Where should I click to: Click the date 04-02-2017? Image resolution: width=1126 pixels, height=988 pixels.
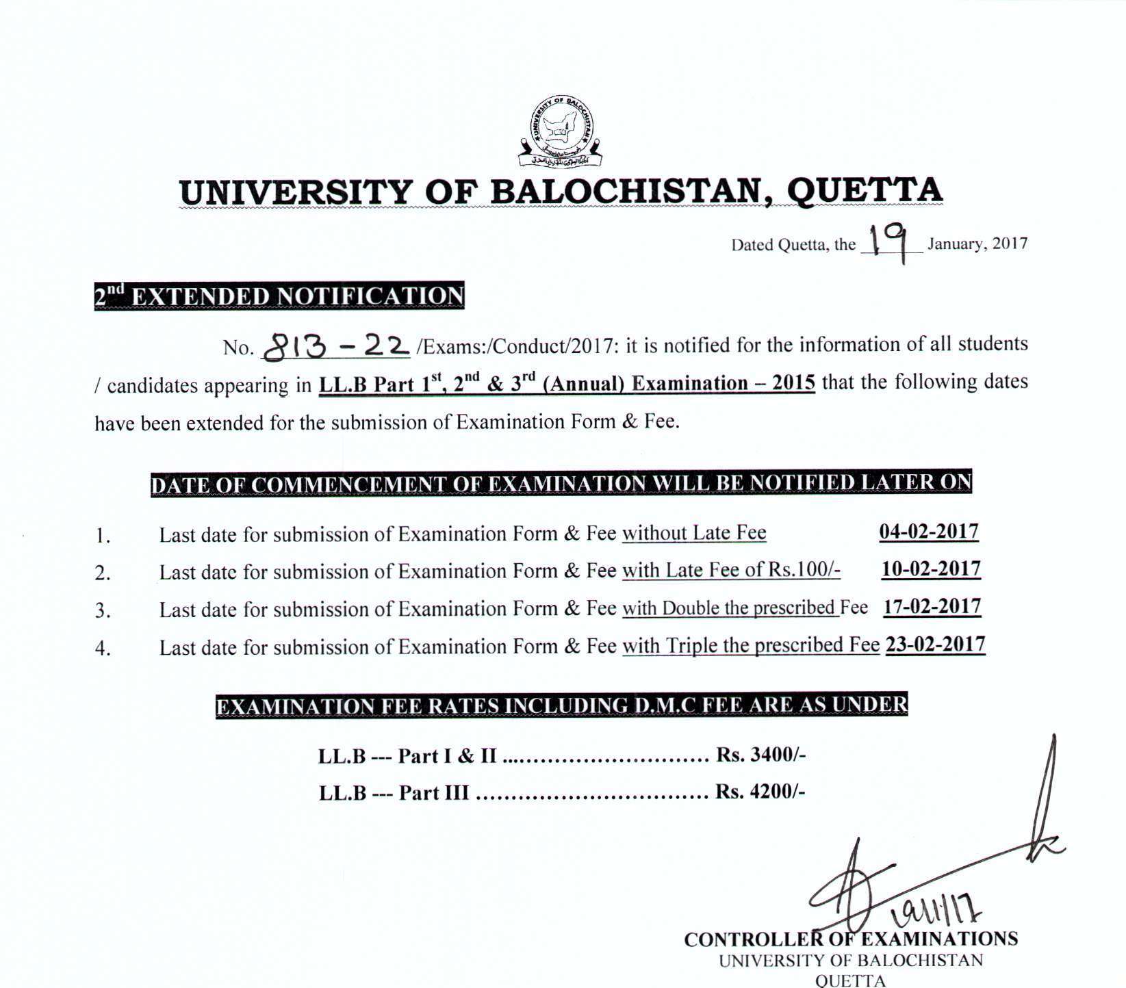pyautogui.click(x=929, y=532)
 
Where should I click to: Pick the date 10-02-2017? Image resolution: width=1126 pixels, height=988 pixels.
pyautogui.click(x=931, y=569)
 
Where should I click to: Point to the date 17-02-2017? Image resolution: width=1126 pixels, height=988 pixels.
pyautogui.click(x=932, y=607)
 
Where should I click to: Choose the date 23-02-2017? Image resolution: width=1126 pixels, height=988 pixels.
pyautogui.click(x=935, y=645)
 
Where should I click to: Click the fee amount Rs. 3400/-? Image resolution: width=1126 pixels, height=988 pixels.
pyautogui.click(x=760, y=755)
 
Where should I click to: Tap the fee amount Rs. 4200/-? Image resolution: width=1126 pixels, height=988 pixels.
pyautogui.click(x=760, y=792)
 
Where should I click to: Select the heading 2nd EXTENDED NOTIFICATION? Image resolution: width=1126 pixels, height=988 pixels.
pyautogui.click(x=279, y=296)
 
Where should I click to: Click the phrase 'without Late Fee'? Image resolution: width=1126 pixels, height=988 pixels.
pyautogui.click(x=694, y=533)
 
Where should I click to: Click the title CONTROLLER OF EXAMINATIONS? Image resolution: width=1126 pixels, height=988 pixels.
pyautogui.click(x=851, y=939)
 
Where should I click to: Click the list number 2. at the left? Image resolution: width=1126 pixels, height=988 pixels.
pyautogui.click(x=103, y=573)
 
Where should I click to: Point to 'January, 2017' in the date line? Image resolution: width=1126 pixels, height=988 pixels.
pyautogui.click(x=977, y=244)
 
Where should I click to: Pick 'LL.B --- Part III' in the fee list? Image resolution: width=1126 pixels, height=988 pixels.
pyautogui.click(x=394, y=792)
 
